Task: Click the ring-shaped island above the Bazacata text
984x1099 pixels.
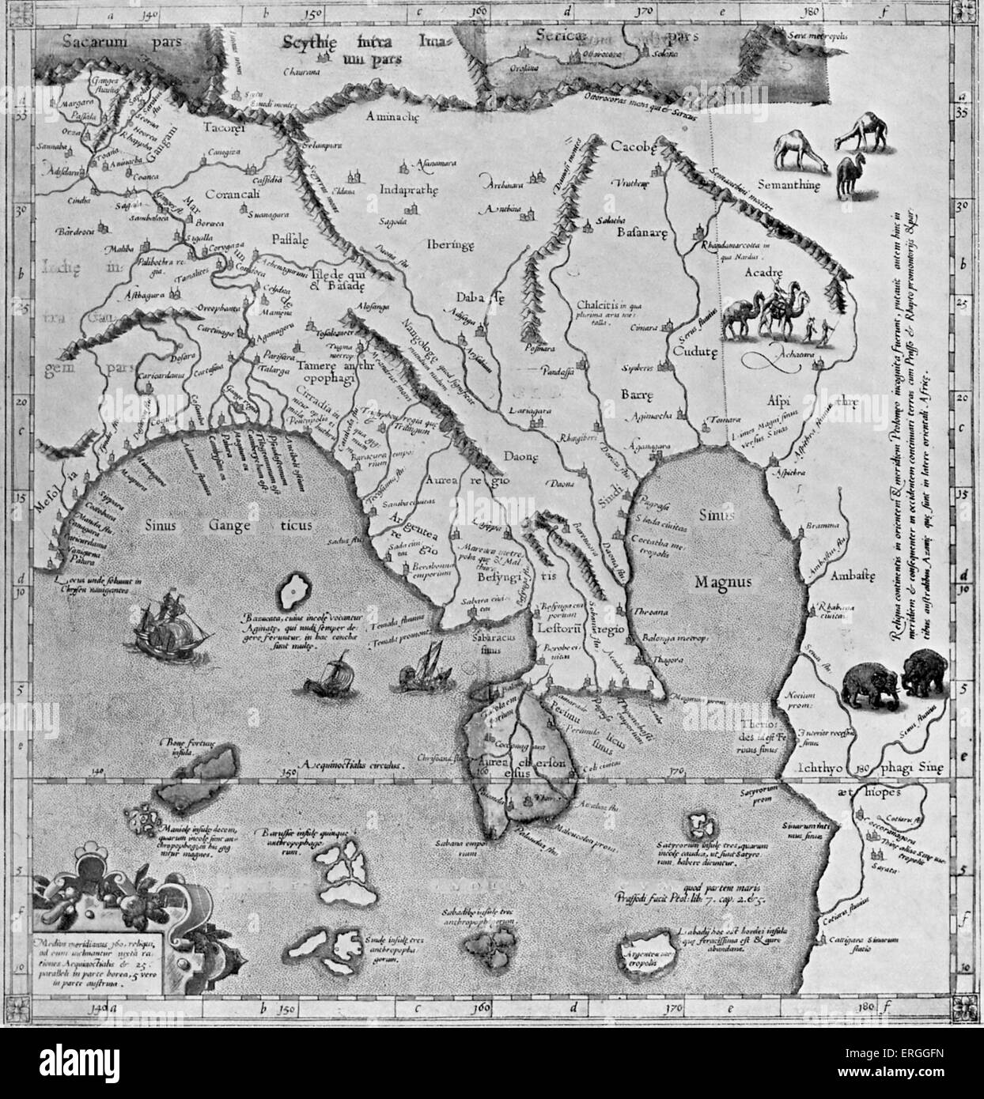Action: pyautogui.click(x=293, y=590)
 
